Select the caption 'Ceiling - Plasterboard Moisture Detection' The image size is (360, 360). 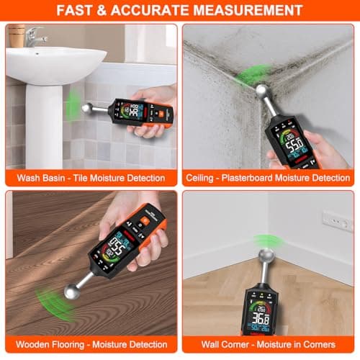click(x=268, y=176)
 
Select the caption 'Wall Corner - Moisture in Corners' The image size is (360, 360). click(x=268, y=344)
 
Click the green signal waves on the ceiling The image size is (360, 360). click(x=253, y=73)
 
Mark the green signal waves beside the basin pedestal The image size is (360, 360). click(x=72, y=106)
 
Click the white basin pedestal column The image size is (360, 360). click(x=32, y=122)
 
